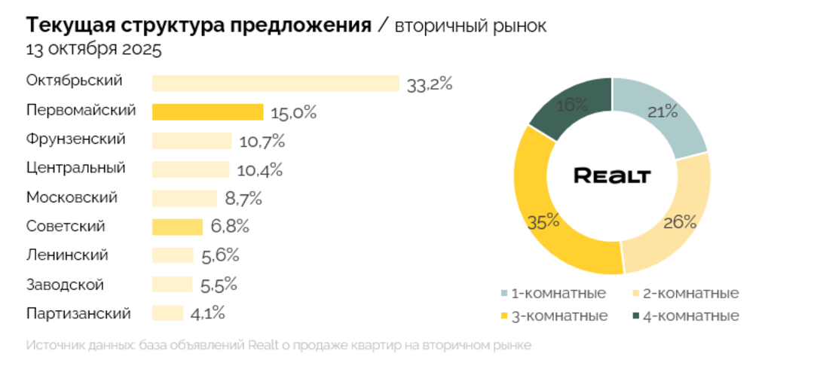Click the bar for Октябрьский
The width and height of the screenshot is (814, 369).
tap(275, 83)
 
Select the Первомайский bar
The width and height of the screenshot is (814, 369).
tap(207, 112)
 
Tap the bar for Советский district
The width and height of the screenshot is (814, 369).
tap(177, 227)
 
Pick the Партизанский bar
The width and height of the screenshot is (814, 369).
tap(167, 313)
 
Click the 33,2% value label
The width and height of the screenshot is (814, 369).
tap(429, 84)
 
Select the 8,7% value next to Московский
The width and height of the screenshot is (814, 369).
tap(243, 199)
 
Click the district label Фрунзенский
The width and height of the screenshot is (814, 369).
tap(75, 139)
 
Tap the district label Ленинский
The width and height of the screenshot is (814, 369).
tap(67, 255)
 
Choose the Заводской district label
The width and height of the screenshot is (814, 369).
tap(65, 285)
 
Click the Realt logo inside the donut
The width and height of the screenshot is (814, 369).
tap(611, 176)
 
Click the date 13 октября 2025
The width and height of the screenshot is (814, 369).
tap(93, 50)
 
